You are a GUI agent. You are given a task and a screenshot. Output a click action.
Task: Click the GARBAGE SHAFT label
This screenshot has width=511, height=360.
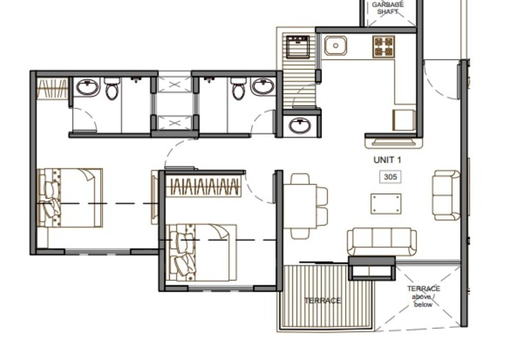pyautogui.click(x=388, y=8)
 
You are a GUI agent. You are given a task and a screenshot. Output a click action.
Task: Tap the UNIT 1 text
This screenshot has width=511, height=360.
pyautogui.click(x=387, y=159)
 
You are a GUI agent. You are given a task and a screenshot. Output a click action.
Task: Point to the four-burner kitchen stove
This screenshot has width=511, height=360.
pyautogui.click(x=383, y=47)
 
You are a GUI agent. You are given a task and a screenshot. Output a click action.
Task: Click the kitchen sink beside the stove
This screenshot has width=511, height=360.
pyautogui.click(x=335, y=46)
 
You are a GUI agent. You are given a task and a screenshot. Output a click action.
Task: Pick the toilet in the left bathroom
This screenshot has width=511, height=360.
pyautogui.click(x=112, y=88)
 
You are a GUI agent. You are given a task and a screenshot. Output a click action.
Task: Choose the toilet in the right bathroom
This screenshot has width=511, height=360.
pyautogui.click(x=238, y=88)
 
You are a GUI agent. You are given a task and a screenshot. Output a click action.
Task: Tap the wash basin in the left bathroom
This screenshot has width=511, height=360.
pyautogui.click(x=87, y=87)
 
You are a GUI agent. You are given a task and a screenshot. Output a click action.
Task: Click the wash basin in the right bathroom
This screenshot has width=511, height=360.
pyautogui.click(x=263, y=87)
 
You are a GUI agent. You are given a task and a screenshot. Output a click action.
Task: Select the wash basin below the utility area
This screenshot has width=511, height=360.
pyautogui.click(x=300, y=125)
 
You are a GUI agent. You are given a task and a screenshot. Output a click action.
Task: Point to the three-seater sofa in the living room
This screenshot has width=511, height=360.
pyautogui.click(x=381, y=241)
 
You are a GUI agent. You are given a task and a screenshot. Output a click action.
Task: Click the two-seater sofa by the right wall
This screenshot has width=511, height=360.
pyautogui.click(x=446, y=195)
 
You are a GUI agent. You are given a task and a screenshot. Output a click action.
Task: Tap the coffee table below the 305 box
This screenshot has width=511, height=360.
pyautogui.click(x=385, y=204)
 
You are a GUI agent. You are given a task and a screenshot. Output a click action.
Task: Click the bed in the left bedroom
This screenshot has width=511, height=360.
pyautogui.click(x=70, y=198)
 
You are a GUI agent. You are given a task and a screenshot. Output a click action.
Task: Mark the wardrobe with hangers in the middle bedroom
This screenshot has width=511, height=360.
pyautogui.click(x=204, y=187)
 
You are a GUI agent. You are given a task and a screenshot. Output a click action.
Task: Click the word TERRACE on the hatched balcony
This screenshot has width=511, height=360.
pyautogui.click(x=322, y=301)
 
